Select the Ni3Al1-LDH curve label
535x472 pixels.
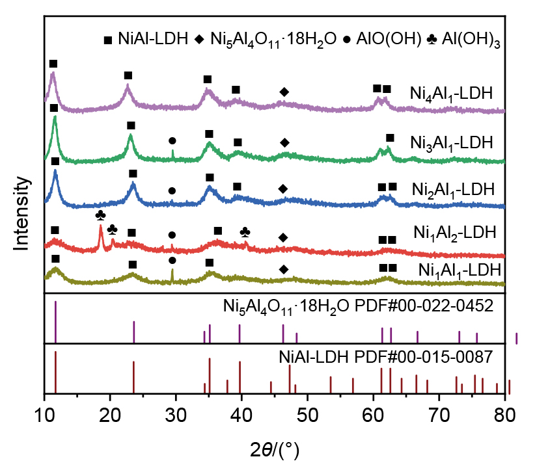(x=452, y=142)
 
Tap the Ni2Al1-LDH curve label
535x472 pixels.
(x=453, y=190)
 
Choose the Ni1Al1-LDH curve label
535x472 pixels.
(x=460, y=270)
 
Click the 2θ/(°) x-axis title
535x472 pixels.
(x=274, y=449)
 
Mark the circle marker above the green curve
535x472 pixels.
(x=172, y=140)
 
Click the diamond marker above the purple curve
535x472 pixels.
(x=283, y=91)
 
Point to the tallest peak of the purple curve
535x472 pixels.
(x=53, y=74)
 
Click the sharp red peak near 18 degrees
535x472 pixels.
(x=101, y=226)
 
